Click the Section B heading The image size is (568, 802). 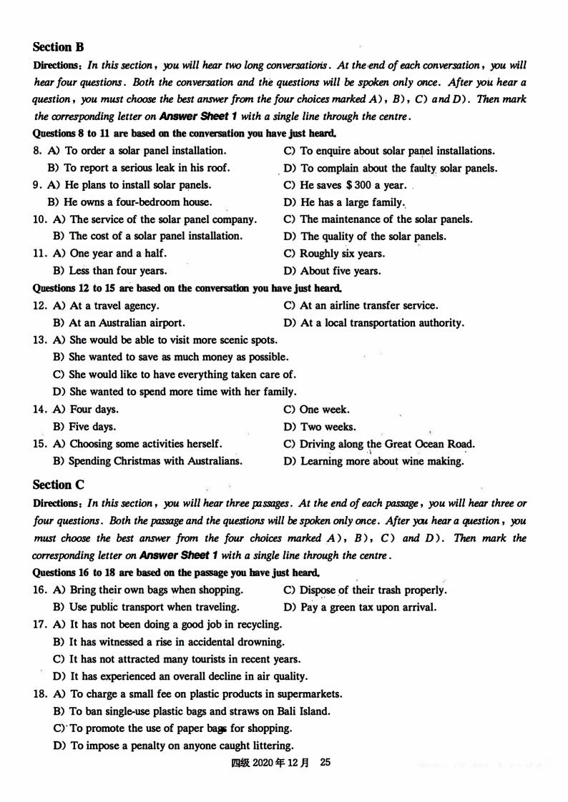(58, 47)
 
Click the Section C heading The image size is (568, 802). (58, 485)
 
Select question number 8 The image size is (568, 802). (38, 151)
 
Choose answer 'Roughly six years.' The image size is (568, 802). (342, 254)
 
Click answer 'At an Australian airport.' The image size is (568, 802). (127, 323)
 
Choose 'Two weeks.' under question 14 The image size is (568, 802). (328, 427)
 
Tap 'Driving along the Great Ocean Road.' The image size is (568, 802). (387, 444)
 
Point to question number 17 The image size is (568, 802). (40, 625)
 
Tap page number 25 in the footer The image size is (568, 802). (325, 763)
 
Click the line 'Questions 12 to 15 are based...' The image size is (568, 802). (187, 289)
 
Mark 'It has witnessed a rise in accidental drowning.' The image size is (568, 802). (177, 642)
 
